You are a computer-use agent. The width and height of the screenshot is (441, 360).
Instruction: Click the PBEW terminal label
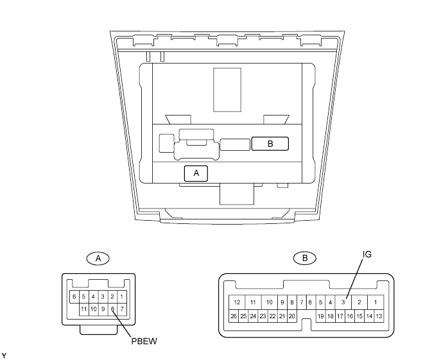(x=144, y=341)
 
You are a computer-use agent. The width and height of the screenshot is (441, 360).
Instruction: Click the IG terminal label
(x=367, y=254)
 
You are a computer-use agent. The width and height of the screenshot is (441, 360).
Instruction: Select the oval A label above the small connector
(x=98, y=258)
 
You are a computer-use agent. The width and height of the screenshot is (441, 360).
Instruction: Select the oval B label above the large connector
(x=305, y=258)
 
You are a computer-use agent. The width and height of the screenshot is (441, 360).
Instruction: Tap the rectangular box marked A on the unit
(x=196, y=173)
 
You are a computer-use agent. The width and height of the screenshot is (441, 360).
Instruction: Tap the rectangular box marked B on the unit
(x=270, y=144)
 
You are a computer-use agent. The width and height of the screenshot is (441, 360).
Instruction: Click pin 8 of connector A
(x=112, y=309)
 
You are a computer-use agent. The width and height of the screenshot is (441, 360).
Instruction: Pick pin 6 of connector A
(x=74, y=296)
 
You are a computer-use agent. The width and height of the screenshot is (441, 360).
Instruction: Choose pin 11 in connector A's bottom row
(x=84, y=309)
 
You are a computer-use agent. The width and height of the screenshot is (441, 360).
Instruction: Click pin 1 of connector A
(x=122, y=296)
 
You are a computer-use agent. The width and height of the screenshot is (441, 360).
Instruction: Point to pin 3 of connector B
(x=343, y=302)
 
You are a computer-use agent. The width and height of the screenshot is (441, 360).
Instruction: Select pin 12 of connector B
(x=237, y=302)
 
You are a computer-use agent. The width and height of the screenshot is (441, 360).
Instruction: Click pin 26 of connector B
(x=234, y=316)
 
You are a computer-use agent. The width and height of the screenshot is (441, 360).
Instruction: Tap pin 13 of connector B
(x=379, y=316)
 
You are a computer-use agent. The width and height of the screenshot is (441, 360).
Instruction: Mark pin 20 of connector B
(x=291, y=316)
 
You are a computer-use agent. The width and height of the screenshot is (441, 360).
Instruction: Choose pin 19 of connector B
(x=320, y=316)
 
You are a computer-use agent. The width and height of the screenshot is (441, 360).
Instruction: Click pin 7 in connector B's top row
(x=302, y=302)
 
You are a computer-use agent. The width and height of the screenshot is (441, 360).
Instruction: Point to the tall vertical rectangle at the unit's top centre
(x=227, y=90)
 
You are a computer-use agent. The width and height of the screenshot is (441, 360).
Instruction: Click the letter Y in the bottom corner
(x=4, y=356)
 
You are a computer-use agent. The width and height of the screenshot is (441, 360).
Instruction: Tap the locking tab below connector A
(x=98, y=330)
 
